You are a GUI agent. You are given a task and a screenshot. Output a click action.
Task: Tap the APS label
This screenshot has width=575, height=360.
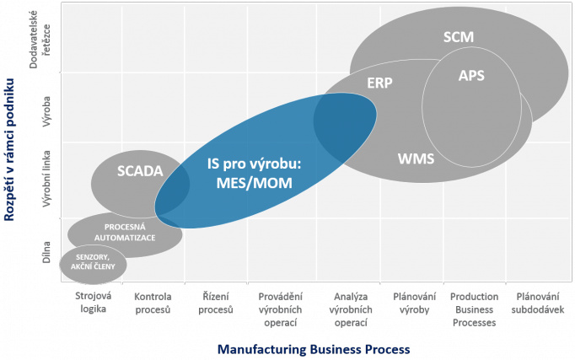click(471, 75)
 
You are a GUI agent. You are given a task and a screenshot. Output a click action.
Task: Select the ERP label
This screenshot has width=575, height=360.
click(380, 83)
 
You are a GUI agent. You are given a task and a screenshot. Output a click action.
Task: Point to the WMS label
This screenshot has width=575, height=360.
click(415, 157)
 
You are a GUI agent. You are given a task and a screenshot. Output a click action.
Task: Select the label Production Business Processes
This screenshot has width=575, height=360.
click(474, 309)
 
